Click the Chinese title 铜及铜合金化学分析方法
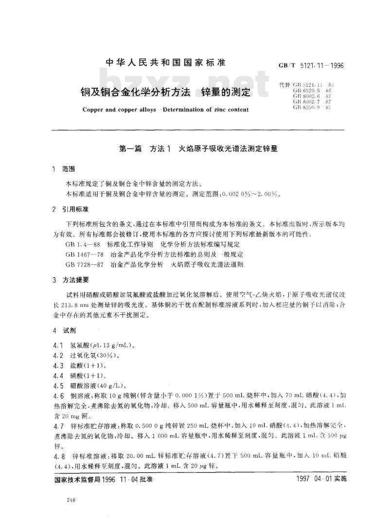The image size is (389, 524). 133,90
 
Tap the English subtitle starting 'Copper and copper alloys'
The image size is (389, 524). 165,110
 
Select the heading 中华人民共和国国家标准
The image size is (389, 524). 166,63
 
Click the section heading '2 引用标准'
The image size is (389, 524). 70,209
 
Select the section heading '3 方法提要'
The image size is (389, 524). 70,281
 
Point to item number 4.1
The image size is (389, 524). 58,346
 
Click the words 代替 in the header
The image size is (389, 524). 284,85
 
